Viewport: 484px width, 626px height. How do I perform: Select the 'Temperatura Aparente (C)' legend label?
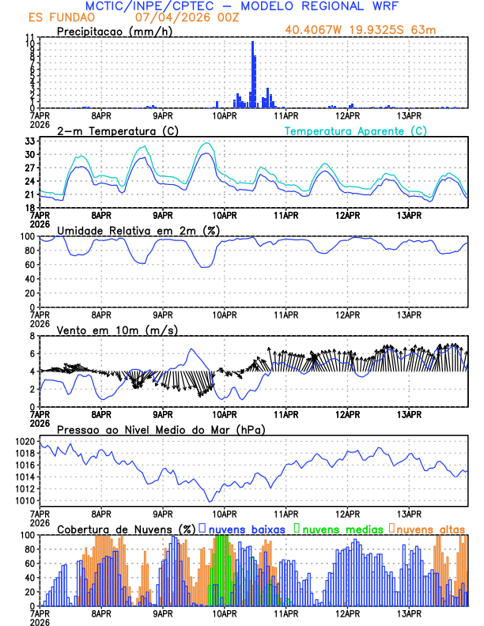tap(355, 130)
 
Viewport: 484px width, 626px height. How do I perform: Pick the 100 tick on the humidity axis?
tap(26, 236)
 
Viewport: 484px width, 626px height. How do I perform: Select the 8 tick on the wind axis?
tap(32, 336)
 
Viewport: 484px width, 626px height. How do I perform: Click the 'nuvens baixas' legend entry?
tap(241, 528)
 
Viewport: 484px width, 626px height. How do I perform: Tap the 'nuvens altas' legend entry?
tap(430, 528)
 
